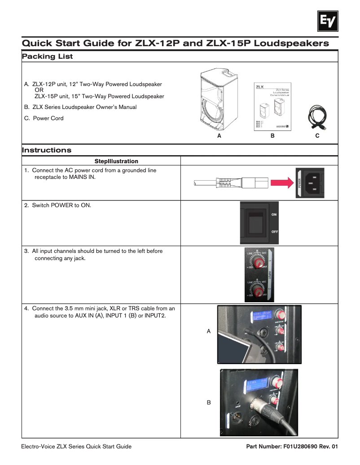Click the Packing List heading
(47, 56)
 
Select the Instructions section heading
(47, 150)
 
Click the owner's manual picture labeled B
(272, 106)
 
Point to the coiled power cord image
(317, 118)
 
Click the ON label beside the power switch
(274, 214)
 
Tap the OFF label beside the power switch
(275, 231)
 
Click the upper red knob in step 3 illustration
(258, 262)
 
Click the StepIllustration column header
(116, 161)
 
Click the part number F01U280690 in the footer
(301, 447)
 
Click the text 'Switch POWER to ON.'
(61, 205)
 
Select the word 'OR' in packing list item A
(39, 90)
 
